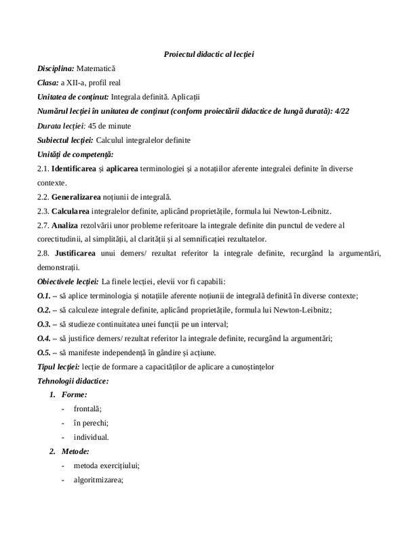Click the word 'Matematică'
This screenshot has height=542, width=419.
(96, 69)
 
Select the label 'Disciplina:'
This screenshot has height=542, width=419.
(56, 69)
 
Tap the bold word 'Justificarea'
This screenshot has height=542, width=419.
(81, 253)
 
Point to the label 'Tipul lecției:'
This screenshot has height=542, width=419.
(59, 367)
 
